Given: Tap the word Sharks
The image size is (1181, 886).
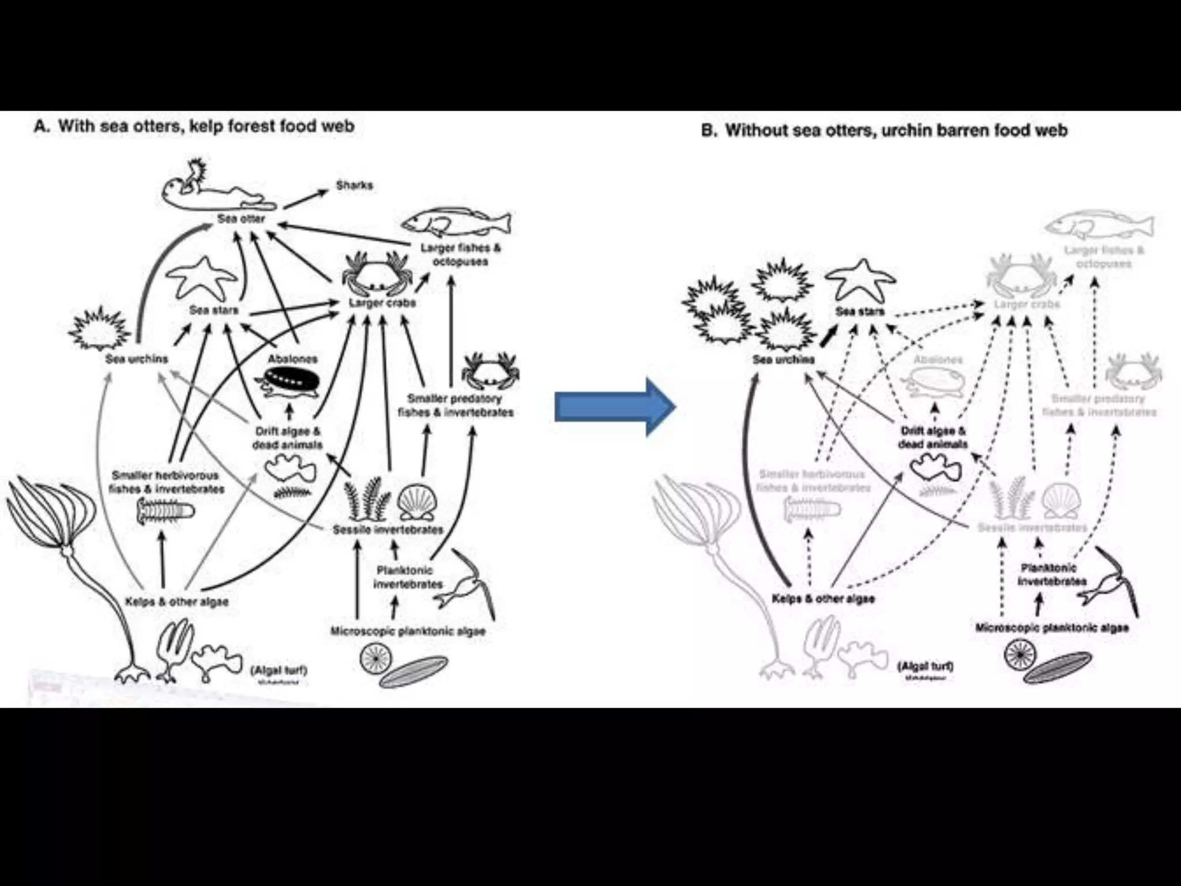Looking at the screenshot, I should point(354,186).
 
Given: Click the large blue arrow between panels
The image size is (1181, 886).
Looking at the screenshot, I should point(614,407).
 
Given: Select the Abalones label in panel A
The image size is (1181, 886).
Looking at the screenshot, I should point(292,359).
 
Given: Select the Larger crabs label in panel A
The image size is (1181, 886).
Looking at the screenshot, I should point(382,303).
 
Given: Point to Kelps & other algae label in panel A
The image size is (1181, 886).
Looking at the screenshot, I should point(176,602).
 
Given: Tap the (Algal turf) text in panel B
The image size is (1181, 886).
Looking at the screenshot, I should point(925,666).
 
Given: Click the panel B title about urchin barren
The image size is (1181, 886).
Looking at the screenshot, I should point(884,130).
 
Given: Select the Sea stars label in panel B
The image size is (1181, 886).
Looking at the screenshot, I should point(859,311).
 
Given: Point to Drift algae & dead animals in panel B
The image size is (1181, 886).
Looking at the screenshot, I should point(932,438).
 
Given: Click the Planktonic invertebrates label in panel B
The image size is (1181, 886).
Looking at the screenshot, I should point(1051,575).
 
